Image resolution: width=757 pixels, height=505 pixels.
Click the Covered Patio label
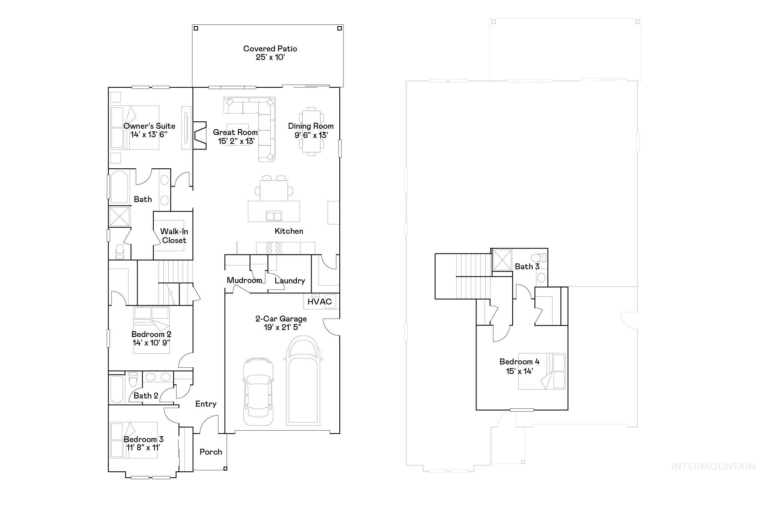coord(270,49)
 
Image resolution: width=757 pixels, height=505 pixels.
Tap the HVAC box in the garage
coord(320,302)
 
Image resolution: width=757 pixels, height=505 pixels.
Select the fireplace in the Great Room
coord(200,135)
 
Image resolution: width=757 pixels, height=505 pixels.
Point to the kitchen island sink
coord(274,216)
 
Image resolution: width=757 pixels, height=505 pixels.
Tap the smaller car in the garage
coord(258,391)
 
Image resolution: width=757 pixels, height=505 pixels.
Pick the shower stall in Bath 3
coord(502,260)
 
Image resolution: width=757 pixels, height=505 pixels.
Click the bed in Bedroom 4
coord(542,371)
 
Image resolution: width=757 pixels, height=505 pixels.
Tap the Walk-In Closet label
coord(174,236)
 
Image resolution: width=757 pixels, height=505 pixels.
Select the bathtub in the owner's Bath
coord(119,187)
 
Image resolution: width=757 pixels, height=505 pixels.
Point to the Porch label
coord(211,452)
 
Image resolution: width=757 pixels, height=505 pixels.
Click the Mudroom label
coord(244,280)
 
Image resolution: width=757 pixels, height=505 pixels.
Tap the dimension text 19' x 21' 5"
coord(282,327)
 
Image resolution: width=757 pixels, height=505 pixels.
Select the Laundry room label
coord(290,280)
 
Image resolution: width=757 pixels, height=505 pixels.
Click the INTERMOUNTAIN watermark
coord(713,467)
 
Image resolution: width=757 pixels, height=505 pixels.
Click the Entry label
coord(206,404)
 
